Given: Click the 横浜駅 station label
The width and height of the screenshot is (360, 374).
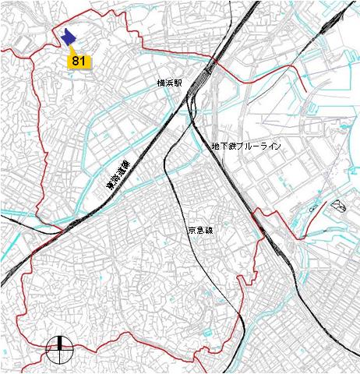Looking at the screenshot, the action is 168,82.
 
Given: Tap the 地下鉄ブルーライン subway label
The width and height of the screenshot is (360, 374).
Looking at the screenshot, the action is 245,146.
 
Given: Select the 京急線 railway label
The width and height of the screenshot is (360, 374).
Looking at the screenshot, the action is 201,231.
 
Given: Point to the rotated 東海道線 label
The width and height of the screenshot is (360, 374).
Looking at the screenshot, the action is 118,177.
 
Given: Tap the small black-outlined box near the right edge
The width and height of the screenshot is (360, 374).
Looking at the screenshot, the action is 338,206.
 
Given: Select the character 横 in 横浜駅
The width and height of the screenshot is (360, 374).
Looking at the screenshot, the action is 160,82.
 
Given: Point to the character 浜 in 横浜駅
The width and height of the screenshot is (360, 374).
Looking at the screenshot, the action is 168,82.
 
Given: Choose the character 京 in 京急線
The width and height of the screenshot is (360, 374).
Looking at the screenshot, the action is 192,231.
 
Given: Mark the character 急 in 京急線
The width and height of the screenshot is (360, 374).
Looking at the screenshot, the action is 201,231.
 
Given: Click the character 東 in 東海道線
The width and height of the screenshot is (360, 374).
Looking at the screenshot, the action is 108,186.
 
